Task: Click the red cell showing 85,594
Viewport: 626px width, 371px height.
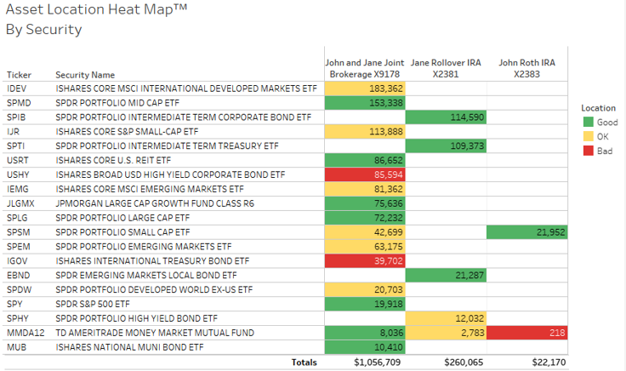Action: coord(365,174)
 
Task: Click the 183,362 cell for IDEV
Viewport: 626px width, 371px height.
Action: coord(365,88)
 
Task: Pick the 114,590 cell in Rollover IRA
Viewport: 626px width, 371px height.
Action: coord(446,117)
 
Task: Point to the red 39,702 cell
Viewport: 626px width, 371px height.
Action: coord(365,261)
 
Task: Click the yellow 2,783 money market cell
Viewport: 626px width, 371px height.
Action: coord(446,334)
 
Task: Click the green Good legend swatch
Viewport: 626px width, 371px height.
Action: coord(588,123)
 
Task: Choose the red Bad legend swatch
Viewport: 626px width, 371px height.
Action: coord(588,150)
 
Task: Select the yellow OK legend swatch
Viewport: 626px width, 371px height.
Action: coord(588,136)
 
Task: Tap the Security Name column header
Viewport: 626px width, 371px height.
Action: coord(85,75)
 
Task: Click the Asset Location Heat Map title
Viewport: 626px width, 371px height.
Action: coord(96,11)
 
